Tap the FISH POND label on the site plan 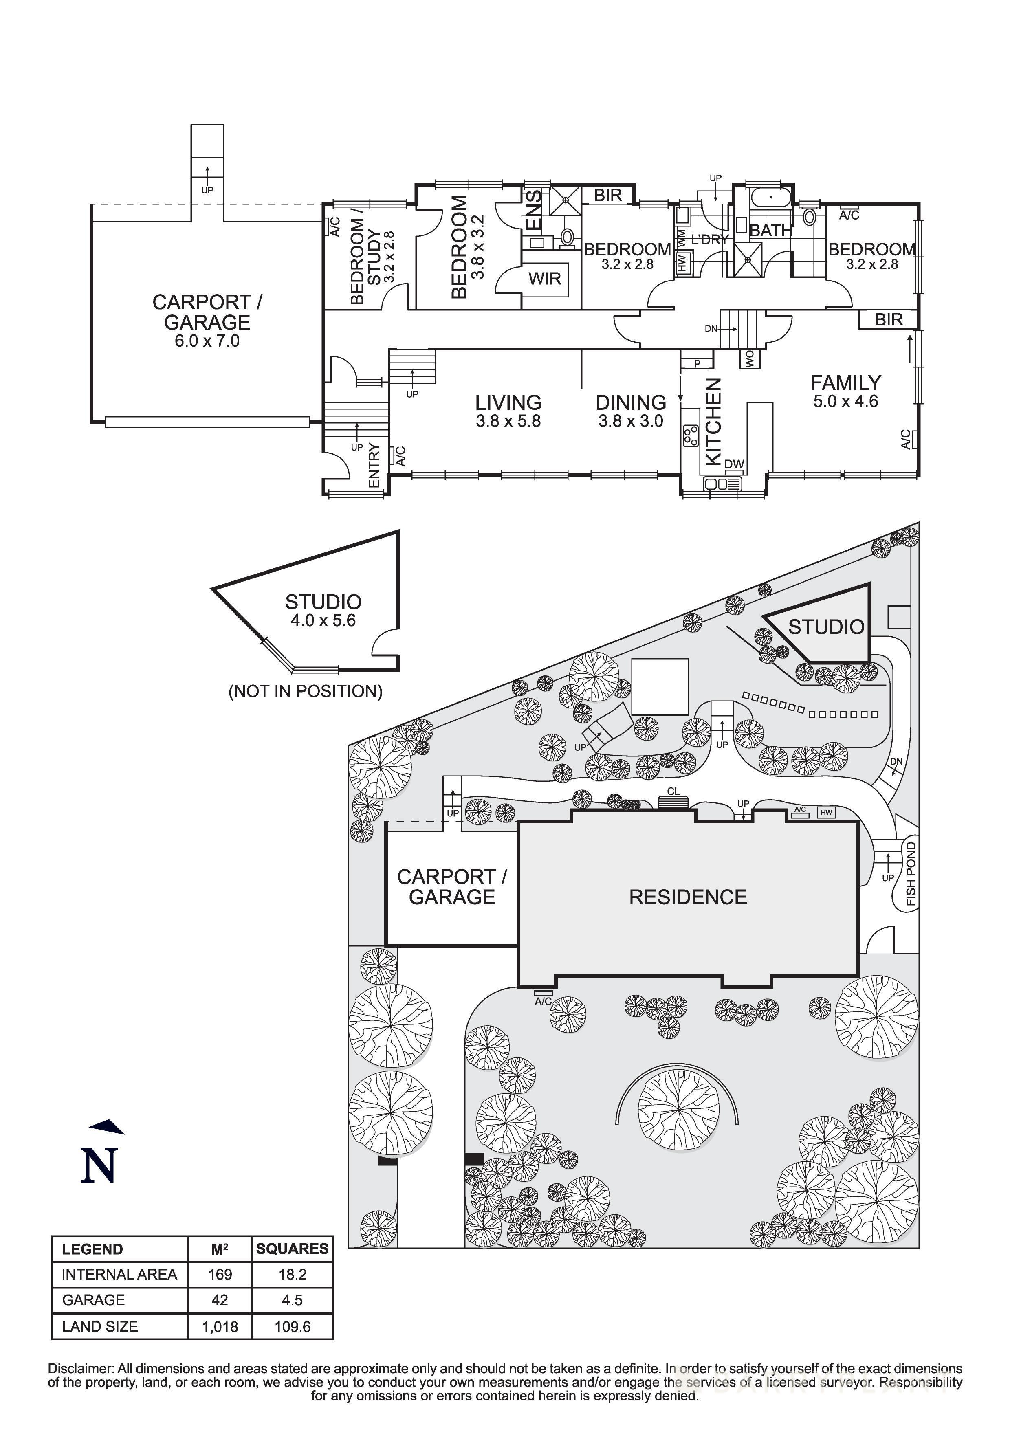[911, 873]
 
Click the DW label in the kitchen [734, 464]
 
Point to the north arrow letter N [99, 1165]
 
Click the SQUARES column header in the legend [292, 1249]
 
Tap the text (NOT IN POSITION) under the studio [306, 691]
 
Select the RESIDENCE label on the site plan [688, 897]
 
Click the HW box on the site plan [826, 813]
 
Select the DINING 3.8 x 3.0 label [630, 411]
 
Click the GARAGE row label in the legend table [93, 1300]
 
